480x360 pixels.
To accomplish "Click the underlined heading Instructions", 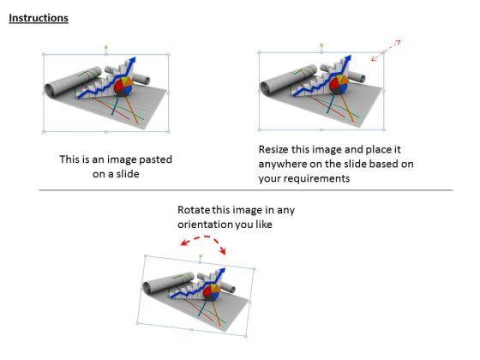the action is (x=39, y=18).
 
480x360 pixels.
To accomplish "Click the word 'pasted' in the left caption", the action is (x=155, y=159).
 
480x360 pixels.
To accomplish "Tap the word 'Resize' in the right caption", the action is (x=273, y=149).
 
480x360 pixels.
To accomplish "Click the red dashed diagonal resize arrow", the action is (x=386, y=51).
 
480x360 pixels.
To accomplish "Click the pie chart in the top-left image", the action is (x=123, y=87).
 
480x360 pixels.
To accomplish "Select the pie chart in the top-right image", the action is (x=339, y=85).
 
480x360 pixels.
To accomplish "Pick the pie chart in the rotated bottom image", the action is (x=212, y=292).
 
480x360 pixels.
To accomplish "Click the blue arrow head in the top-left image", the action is (x=132, y=61).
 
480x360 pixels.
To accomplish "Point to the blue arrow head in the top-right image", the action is (x=348, y=59).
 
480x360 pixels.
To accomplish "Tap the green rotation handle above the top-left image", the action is (x=106, y=47).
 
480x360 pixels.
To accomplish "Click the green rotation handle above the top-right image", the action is (x=321, y=45).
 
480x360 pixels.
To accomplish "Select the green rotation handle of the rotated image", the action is (x=201, y=255).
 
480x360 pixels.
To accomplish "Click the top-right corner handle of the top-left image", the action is (x=168, y=55).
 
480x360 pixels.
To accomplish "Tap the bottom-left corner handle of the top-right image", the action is (x=259, y=129).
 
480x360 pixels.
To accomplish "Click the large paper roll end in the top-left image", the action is (x=50, y=90).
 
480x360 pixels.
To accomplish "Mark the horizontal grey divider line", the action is (x=246, y=190).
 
